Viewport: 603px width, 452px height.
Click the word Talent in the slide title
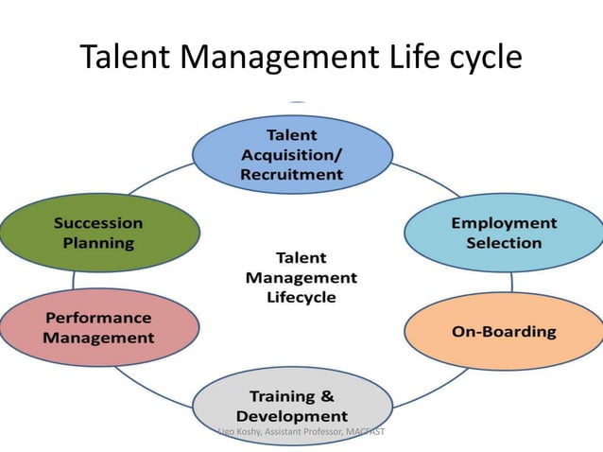pyautogui.click(x=127, y=59)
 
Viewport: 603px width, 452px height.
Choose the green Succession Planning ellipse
pyautogui.click(x=99, y=233)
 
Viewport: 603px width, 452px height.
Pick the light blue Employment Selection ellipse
pyautogui.click(x=504, y=233)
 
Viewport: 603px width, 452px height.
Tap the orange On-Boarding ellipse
pyautogui.click(x=504, y=332)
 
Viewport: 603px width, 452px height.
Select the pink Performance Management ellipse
pyautogui.click(x=99, y=327)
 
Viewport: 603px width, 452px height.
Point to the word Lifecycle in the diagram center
pyautogui.click(x=301, y=298)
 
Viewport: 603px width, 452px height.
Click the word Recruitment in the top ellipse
pyautogui.click(x=292, y=174)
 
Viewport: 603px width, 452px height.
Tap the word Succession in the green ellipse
pyautogui.click(x=98, y=223)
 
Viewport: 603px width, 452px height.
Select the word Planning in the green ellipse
pyautogui.click(x=98, y=243)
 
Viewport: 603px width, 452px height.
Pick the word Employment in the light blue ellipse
pyautogui.click(x=504, y=223)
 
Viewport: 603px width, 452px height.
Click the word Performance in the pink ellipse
pyautogui.click(x=99, y=318)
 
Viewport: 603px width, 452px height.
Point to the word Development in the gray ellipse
pyautogui.click(x=292, y=416)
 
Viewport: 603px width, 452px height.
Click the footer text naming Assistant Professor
pyautogui.click(x=301, y=432)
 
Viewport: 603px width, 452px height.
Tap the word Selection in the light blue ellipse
pyautogui.click(x=504, y=243)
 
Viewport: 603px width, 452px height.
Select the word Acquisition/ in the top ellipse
pyautogui.click(x=292, y=154)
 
